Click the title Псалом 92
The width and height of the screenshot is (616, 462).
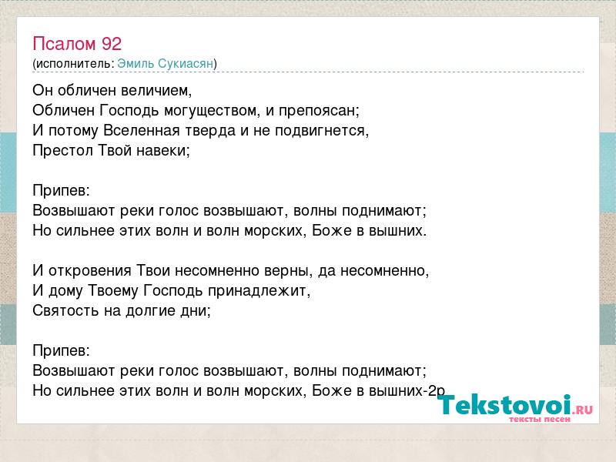(x=77, y=44)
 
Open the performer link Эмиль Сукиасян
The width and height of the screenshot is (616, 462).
(x=166, y=64)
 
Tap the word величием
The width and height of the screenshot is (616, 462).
(x=156, y=91)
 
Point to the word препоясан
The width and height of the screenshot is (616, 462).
(x=319, y=111)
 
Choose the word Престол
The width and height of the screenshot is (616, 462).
(x=62, y=150)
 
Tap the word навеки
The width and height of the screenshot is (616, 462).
(x=163, y=150)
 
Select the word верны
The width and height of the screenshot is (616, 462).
(x=288, y=271)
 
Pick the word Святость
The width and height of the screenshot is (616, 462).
(x=65, y=311)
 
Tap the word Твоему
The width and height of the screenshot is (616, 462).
(x=113, y=291)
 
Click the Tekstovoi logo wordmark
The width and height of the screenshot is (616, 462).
(x=504, y=405)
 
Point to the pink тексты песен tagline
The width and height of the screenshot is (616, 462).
(x=540, y=419)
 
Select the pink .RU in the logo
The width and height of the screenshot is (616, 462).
(x=583, y=410)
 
